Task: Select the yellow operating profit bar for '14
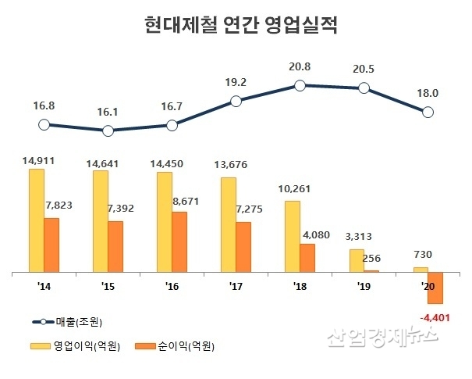coord(36,220)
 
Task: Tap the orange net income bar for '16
coord(179,241)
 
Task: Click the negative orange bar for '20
coord(435,288)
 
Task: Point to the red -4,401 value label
coord(435,318)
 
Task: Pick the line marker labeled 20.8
coord(300,84)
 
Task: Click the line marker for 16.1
coord(108,131)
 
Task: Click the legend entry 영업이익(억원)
coord(66,345)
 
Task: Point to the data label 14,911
coord(39,160)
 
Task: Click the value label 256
coord(372,259)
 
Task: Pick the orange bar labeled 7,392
coord(115,246)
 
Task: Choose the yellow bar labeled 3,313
coord(356,260)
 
